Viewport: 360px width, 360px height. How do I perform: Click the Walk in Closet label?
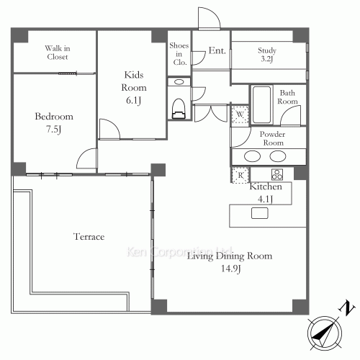[x=56, y=52]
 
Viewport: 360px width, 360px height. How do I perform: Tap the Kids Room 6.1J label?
[x=133, y=86]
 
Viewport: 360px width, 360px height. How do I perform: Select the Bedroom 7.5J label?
[x=54, y=123]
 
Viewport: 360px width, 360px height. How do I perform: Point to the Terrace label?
[x=89, y=236]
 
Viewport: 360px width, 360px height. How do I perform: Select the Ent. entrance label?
[x=217, y=51]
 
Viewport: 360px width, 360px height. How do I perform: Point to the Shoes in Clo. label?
[x=179, y=54]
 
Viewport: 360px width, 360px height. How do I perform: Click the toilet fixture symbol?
[x=179, y=107]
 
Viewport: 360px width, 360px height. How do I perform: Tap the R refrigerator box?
[x=240, y=175]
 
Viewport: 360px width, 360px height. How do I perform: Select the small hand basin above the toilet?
[x=179, y=83]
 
